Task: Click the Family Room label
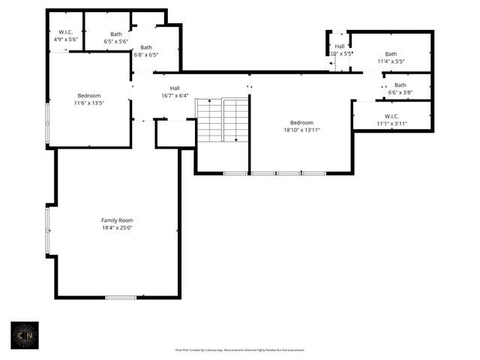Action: point(117,220)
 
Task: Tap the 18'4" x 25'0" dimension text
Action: point(117,227)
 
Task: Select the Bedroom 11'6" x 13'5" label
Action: point(89,95)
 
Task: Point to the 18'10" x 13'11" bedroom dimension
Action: point(301,130)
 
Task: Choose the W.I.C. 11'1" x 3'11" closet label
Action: point(391,116)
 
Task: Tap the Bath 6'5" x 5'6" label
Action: point(116,34)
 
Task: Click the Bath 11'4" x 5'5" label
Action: point(391,54)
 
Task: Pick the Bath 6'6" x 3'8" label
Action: point(400,85)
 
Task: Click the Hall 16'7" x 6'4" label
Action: point(175,88)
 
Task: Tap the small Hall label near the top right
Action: point(340,46)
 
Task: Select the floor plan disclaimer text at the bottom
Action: point(240,349)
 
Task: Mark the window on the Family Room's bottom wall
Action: point(120,298)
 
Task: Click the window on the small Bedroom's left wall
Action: point(47,124)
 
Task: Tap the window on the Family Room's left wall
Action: point(47,230)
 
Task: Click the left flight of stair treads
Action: point(209,121)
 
